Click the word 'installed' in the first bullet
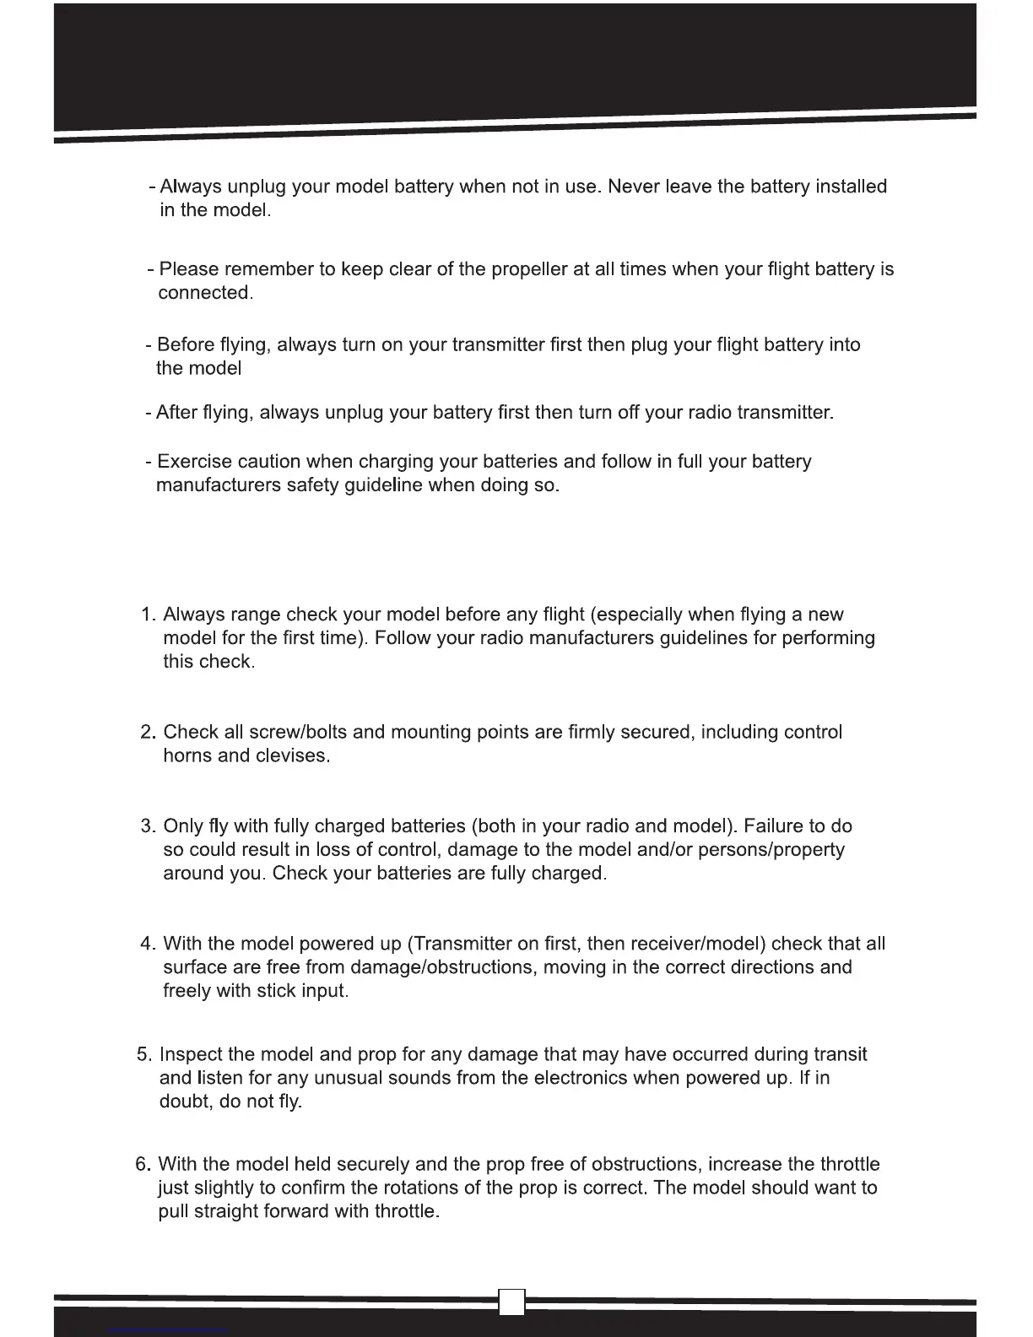pos(851,187)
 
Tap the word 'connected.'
pos(205,294)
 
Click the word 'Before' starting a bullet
pos(186,345)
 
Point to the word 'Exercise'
pos(194,462)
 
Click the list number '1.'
pos(149,614)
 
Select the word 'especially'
pos(624,614)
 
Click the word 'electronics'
pos(581,1078)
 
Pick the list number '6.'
pos(143,1165)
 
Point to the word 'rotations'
pos(423,1188)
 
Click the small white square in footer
pos(511,1302)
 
